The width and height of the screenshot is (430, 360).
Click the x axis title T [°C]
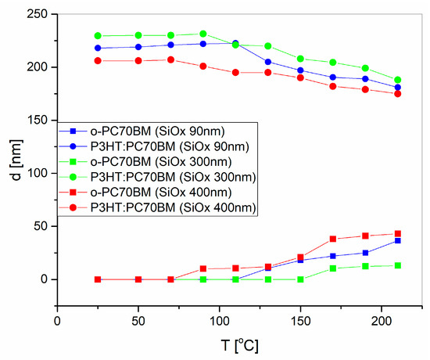220,344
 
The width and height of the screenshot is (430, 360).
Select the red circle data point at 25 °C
98,60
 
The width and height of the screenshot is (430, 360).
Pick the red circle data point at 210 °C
397,93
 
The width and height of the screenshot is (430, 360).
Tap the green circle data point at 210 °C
397,80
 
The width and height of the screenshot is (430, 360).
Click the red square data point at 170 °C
333,239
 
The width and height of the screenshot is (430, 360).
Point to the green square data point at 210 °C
397,265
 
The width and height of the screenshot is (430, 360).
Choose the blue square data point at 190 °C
365,253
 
